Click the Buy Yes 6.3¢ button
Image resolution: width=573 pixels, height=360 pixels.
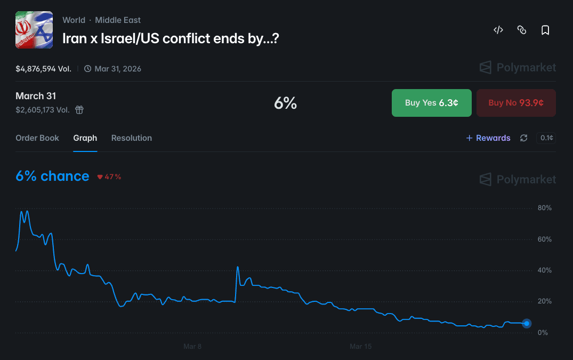432,103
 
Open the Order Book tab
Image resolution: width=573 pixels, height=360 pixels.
37,138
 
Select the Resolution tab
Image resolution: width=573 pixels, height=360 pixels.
132,138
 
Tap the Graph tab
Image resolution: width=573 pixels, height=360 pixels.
85,138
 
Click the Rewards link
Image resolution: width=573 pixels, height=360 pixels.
488,138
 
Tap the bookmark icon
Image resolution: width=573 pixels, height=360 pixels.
545,30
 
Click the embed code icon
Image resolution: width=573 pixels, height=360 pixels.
498,30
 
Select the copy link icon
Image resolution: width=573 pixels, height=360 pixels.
522,30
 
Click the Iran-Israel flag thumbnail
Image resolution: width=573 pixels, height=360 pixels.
34,30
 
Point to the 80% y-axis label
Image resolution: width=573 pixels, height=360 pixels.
545,208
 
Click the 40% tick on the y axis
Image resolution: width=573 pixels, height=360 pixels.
545,270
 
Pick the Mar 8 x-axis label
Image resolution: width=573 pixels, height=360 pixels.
192,347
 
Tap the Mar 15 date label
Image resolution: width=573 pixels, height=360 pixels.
360,347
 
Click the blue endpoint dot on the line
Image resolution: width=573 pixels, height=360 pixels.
527,323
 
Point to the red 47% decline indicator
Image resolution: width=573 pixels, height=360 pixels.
109,177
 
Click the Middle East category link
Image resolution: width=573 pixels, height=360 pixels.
118,20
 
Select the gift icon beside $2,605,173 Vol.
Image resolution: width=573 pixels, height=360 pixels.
79,110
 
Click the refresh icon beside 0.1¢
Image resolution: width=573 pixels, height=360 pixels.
524,138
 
